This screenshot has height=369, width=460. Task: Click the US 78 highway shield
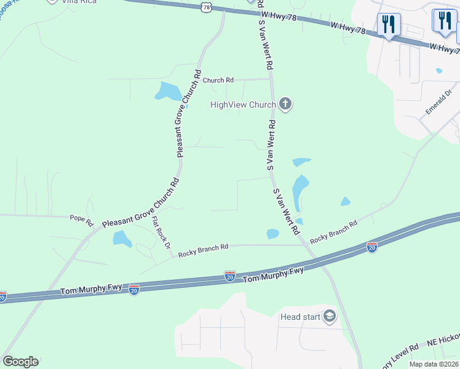[205, 7]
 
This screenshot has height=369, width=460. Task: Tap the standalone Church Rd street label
[218, 80]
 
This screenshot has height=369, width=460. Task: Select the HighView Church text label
[243, 105]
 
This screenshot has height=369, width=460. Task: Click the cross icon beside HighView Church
[284, 104]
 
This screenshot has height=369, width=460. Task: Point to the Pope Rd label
[81, 218]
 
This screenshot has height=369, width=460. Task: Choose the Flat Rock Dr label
[161, 232]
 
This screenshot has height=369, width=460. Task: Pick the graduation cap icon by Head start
[330, 317]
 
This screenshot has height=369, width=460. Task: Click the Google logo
[20, 362]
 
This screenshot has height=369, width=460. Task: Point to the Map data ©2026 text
[434, 364]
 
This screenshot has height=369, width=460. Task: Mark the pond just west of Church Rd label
[168, 91]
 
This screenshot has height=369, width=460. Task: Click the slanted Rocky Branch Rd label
[333, 232]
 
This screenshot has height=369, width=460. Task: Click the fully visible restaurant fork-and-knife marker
[388, 25]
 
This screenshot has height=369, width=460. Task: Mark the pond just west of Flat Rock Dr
[122, 239]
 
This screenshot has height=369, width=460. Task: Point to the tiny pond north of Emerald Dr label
[438, 71]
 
